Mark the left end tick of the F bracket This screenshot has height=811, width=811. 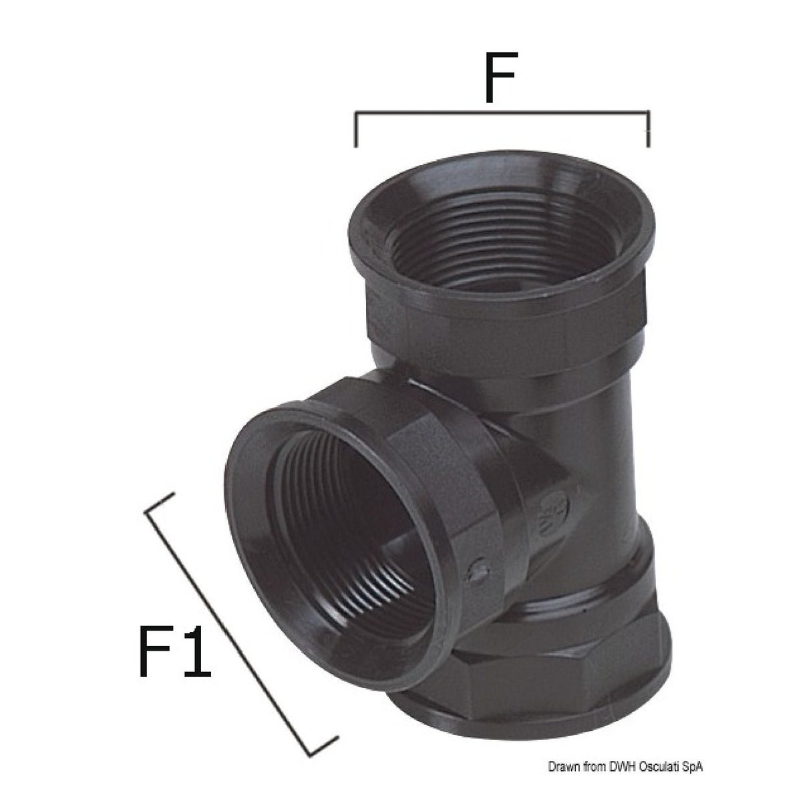click(x=356, y=130)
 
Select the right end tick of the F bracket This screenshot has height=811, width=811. click(x=647, y=130)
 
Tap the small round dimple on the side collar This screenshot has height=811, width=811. click(x=477, y=572)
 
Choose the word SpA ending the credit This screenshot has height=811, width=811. click(x=693, y=785)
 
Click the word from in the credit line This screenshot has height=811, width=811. click(x=593, y=785)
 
